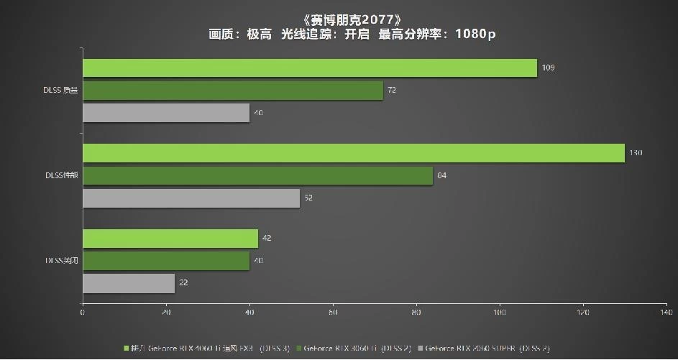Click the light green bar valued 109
click(310, 68)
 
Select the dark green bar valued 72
click(233, 91)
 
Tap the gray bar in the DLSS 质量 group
click(166, 113)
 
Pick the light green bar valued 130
click(354, 153)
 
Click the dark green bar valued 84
click(258, 176)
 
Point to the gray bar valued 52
click(191, 198)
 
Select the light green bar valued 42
click(170, 239)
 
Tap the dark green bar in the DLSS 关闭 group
click(166, 261)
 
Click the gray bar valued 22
click(129, 283)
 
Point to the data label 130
click(636, 153)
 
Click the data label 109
click(549, 68)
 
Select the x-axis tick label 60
click(333, 313)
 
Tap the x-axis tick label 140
click(666, 313)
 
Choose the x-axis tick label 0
click(83, 313)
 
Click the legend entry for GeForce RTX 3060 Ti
click(357, 349)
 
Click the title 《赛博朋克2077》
click(338, 18)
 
